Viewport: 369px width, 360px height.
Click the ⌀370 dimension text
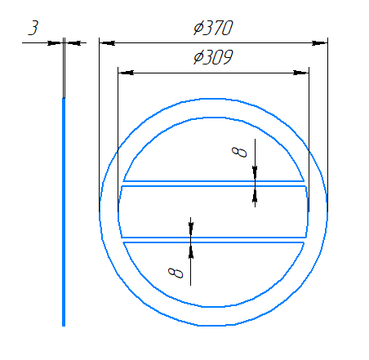point(213,28)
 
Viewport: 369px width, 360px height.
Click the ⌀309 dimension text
point(213,57)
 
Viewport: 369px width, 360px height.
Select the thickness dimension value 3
point(33,28)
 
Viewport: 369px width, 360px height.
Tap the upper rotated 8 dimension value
point(239,152)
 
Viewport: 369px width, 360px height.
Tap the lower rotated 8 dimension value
point(176,273)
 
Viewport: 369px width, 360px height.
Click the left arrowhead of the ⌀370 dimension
point(108,43)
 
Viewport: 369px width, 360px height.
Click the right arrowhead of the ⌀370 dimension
point(319,43)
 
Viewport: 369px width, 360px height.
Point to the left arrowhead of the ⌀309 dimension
point(127,73)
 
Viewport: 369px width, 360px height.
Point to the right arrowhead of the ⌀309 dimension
point(300,73)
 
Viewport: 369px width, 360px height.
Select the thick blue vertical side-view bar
point(64,212)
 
